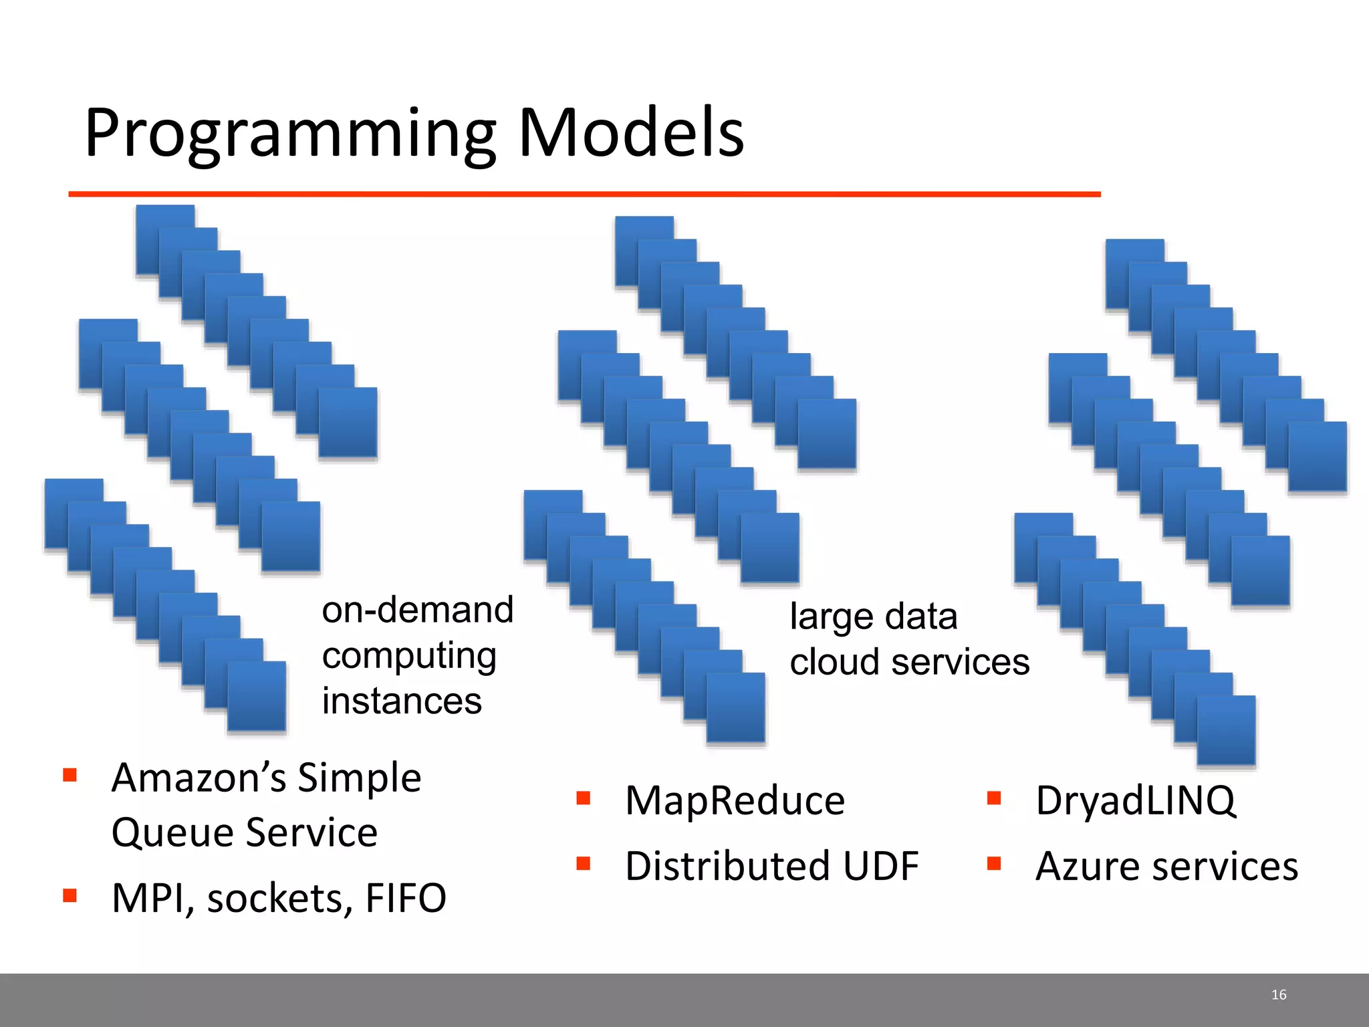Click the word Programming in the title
pyautogui.click(x=290, y=134)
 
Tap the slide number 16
pyautogui.click(x=1278, y=995)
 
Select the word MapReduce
pyautogui.click(x=735, y=800)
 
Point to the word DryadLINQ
pyautogui.click(x=1135, y=800)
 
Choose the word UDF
pyautogui.click(x=880, y=867)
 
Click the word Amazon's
pyautogui.click(x=199, y=778)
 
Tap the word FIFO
pyautogui.click(x=406, y=898)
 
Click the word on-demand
pyautogui.click(x=417, y=610)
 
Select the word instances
pyautogui.click(x=402, y=701)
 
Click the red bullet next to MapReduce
pyautogui.click(x=584, y=798)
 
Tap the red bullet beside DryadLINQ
pyautogui.click(x=994, y=798)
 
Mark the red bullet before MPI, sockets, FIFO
pyautogui.click(x=70, y=895)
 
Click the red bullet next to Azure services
pyautogui.click(x=994, y=864)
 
